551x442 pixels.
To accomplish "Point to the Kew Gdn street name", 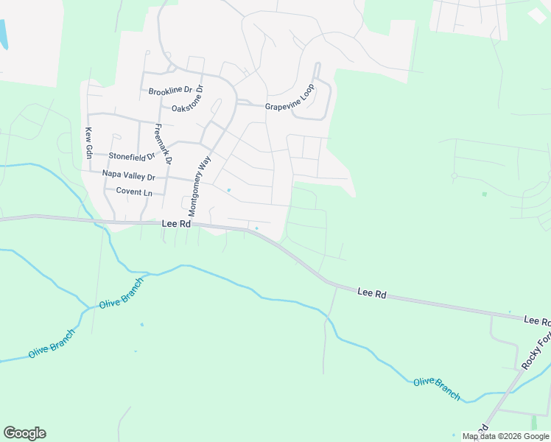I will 88,142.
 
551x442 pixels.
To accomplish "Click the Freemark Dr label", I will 163,144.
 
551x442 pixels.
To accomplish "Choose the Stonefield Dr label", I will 132,156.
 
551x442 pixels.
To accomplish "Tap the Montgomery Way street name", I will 200,184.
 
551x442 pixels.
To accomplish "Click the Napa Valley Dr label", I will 129,176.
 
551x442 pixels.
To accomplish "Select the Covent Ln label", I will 134,192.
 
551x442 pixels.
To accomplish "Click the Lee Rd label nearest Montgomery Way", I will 177,223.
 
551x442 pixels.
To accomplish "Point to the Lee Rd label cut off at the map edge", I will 537,321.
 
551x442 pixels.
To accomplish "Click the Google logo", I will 24,433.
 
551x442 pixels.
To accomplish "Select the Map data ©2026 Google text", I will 505,436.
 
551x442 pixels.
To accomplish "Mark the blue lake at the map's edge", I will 4,33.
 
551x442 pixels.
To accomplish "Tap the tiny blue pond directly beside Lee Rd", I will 256,228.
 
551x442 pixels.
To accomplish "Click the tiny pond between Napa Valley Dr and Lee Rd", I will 229,191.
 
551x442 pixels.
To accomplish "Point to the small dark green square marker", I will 484,194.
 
